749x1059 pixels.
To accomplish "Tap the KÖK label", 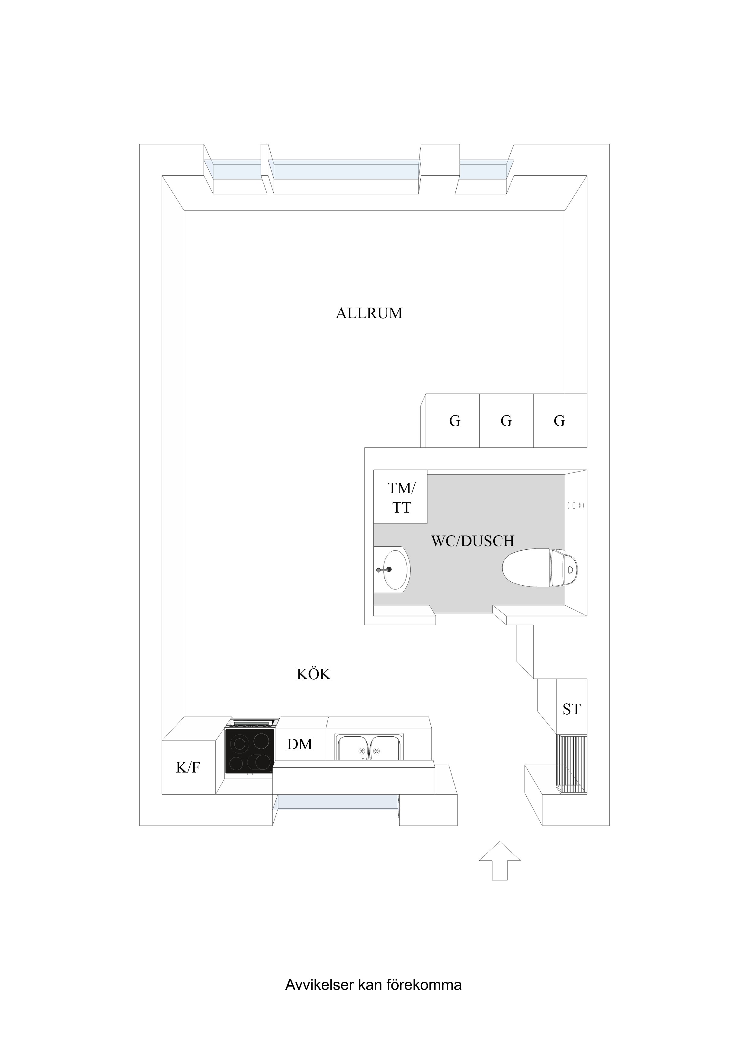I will click(313, 674).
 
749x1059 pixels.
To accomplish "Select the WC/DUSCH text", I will click(473, 541).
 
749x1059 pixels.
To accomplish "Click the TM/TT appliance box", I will click(400, 497).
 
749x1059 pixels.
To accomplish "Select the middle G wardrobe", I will click(506, 421).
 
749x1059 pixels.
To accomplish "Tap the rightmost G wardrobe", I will click(559, 421).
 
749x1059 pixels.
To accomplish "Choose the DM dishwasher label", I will click(300, 744).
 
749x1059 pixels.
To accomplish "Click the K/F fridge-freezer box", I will click(188, 767).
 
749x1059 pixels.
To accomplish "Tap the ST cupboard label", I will click(571, 709).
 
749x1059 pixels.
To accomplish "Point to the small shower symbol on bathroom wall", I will click(575, 505).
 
